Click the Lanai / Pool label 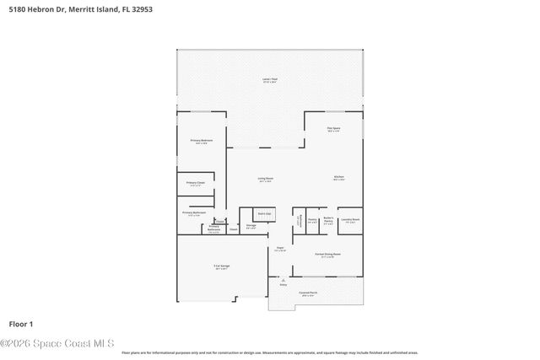click(x=270, y=80)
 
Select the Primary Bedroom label click(x=201, y=141)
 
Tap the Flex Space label click(x=333, y=129)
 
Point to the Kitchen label click(x=338, y=178)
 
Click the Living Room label click(x=265, y=179)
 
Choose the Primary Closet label click(x=196, y=183)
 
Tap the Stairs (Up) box click(x=264, y=214)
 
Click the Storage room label click(x=251, y=226)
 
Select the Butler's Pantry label click(x=328, y=221)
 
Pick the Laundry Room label click(x=350, y=220)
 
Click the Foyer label click(x=279, y=249)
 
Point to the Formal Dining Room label click(x=327, y=255)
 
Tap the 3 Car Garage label click(x=222, y=267)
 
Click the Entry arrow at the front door click(x=283, y=284)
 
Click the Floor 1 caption click(x=20, y=324)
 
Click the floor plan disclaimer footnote click(x=269, y=352)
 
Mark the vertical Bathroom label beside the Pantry click(x=298, y=221)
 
